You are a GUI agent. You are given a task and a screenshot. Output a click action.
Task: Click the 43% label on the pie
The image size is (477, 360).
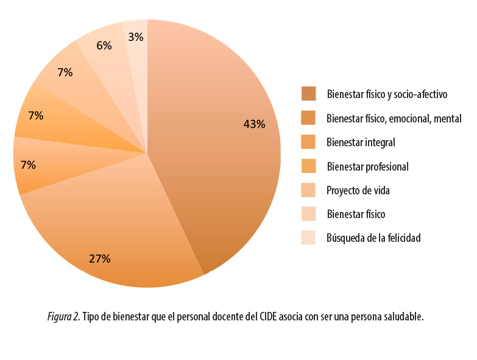point(254,124)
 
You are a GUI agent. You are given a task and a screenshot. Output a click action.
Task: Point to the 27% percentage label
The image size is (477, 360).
point(99,258)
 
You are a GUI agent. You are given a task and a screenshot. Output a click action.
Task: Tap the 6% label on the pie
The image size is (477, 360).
point(104,45)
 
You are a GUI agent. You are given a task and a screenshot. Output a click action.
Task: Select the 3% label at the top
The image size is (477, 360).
point(136,37)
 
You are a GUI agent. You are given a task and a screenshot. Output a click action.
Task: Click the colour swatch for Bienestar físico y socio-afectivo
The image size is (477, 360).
point(308,94)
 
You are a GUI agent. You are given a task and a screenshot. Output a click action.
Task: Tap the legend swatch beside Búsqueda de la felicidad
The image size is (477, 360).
point(308,238)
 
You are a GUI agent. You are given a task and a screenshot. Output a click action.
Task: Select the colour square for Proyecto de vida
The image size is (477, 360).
point(308,190)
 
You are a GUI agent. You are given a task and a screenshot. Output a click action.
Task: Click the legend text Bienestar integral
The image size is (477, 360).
point(361,143)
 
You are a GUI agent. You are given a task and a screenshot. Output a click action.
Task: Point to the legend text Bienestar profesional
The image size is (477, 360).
point(367,166)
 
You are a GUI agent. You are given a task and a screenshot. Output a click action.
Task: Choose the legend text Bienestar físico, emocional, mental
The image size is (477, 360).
point(394,118)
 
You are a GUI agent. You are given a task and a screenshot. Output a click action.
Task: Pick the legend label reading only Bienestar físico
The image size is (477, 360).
point(356,214)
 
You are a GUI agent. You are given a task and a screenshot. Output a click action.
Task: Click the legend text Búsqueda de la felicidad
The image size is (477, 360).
point(373,238)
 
